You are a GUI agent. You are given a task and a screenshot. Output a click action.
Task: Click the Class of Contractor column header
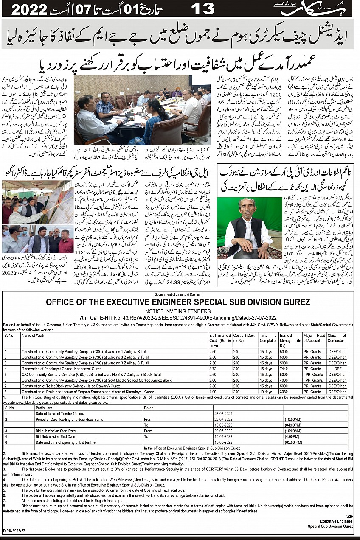(337, 338)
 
